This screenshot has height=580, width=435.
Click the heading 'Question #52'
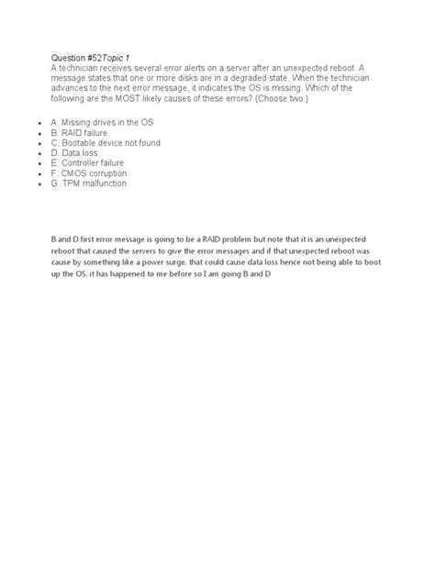pyautogui.click(x=76, y=57)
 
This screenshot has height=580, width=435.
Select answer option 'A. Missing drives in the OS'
pyautogui.click(x=101, y=121)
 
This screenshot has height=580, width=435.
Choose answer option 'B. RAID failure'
pyautogui.click(x=80, y=132)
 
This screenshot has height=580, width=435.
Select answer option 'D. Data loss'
pyautogui.click(x=75, y=152)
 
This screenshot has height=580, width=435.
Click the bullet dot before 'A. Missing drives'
pyautogui.click(x=34, y=122)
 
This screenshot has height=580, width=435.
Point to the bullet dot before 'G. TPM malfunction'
pyautogui.click(x=34, y=184)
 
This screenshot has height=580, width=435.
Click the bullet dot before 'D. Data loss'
pyautogui.click(x=34, y=153)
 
